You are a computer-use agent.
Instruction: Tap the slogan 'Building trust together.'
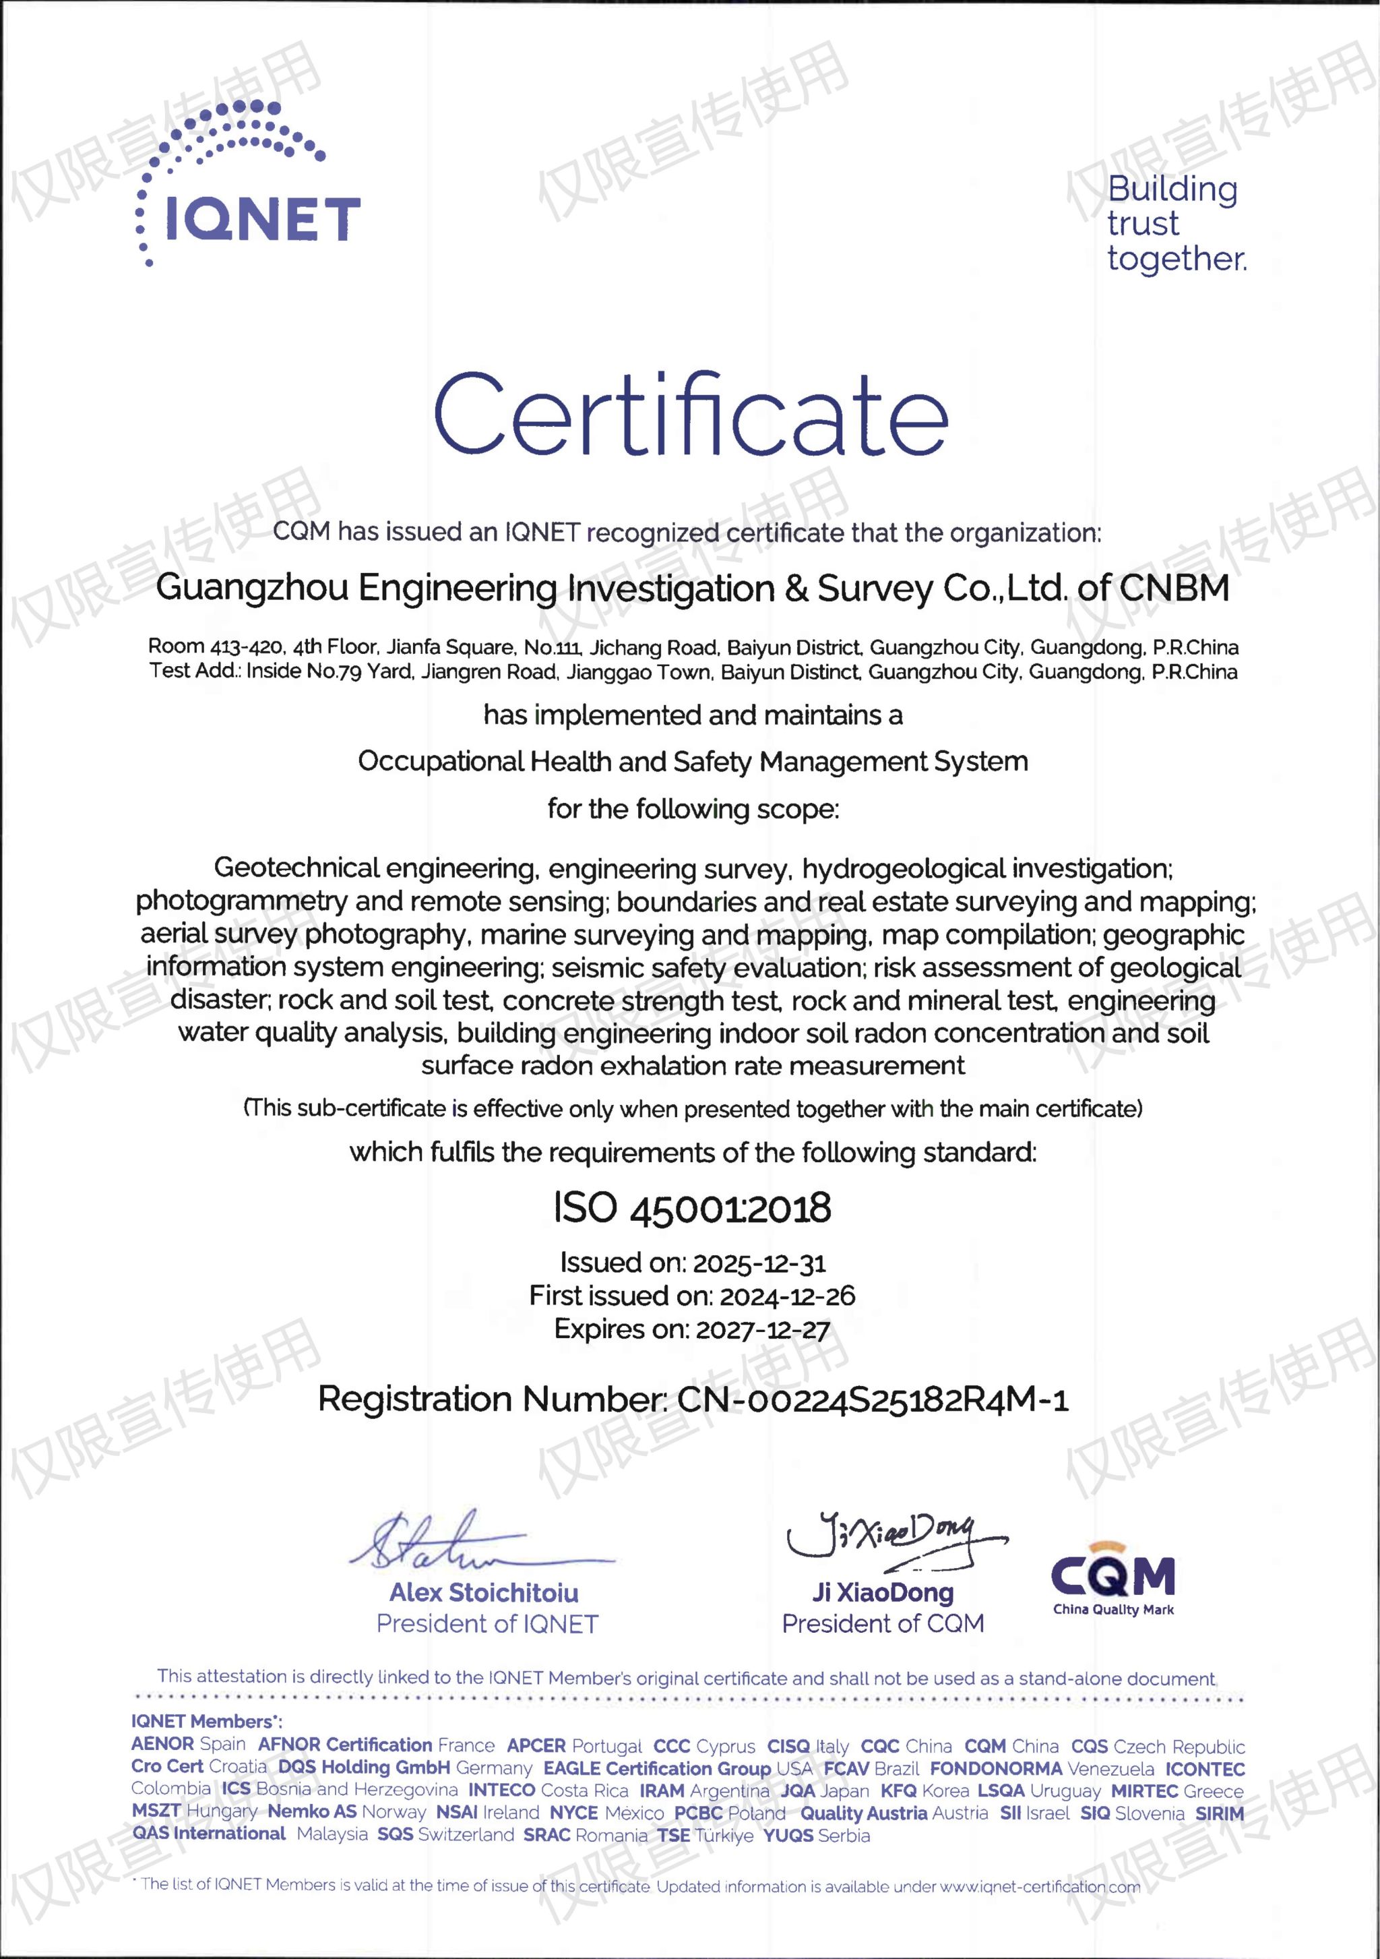coord(1175,224)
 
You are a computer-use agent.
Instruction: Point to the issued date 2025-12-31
coord(759,1263)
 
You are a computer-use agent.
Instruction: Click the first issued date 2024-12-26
coord(787,1297)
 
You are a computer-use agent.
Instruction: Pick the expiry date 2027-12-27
coord(763,1330)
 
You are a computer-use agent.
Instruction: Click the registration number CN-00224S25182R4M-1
coord(873,1400)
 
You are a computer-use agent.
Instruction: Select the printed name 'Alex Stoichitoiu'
coord(484,1593)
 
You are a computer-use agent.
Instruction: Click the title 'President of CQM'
coord(883,1624)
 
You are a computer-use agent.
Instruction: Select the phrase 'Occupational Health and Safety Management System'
coord(693,761)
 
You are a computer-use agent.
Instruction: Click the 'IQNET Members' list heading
coord(206,1722)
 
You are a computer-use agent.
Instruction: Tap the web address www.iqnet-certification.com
coord(1039,1886)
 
